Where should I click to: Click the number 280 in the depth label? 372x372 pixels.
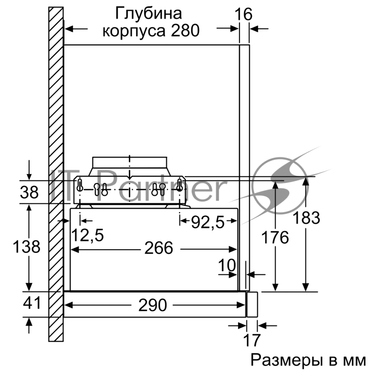pos(183,31)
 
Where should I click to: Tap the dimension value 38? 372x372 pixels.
pos(30,192)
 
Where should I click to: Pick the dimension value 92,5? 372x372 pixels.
pos(209,223)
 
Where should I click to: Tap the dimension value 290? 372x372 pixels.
pos(152,305)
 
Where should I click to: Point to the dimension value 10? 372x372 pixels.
pos(227,266)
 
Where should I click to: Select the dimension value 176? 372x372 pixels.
pos(274,237)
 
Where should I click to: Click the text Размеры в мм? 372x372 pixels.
pos(308,360)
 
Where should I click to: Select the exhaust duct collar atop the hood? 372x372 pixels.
pos(129,164)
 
